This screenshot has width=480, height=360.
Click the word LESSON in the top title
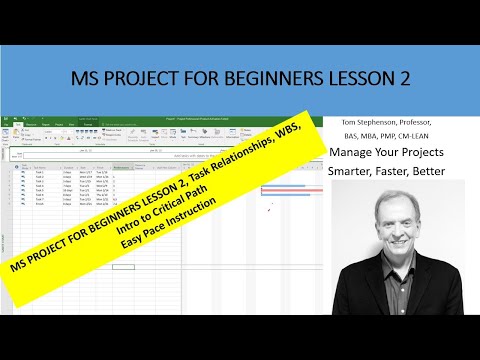point(348,77)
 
